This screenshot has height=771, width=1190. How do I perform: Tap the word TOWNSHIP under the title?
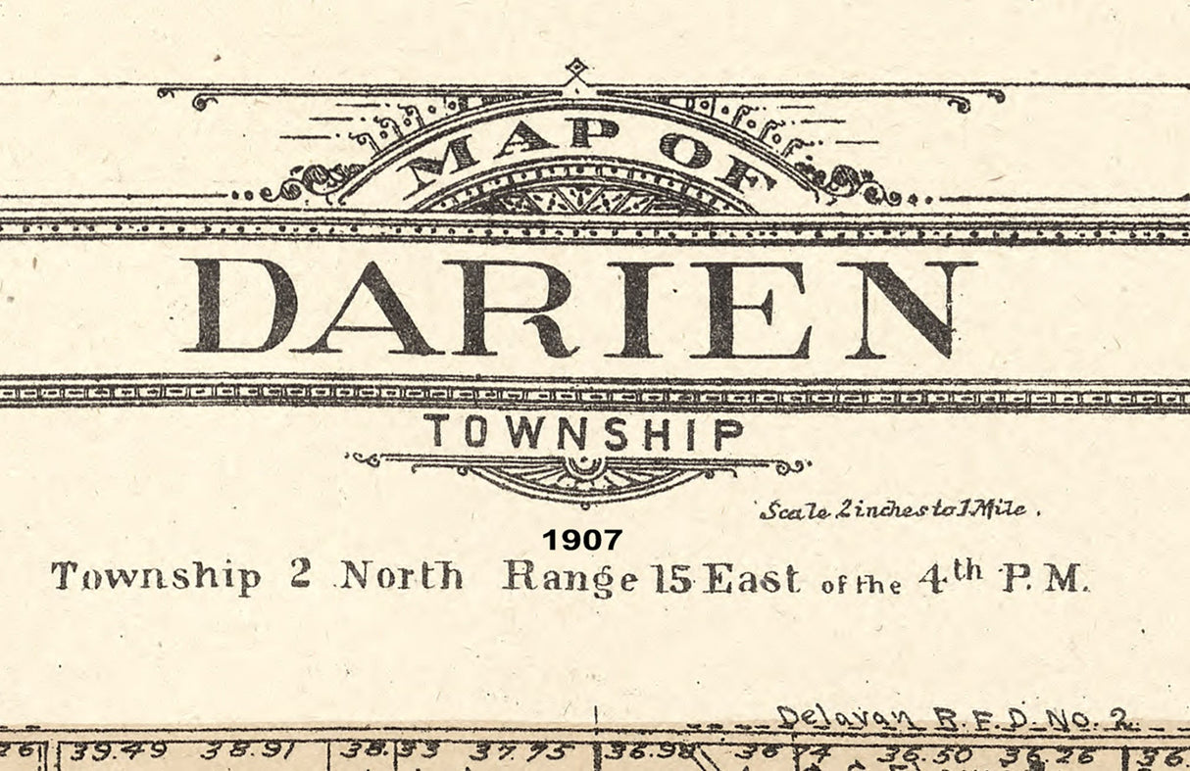pos(584,432)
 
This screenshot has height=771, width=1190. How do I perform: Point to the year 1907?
pos(582,539)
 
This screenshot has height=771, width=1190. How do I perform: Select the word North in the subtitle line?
pos(401,575)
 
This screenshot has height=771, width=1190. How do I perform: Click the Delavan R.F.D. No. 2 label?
pos(957,720)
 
